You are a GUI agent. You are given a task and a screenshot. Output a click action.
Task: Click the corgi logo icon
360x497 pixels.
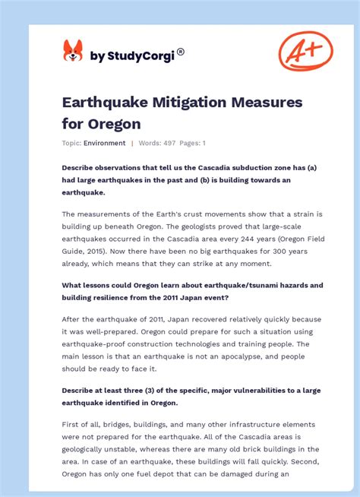[x=73, y=51]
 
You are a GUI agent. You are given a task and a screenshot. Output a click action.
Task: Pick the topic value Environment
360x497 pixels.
[x=105, y=143]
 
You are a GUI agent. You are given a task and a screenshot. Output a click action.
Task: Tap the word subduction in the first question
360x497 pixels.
[x=246, y=166]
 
